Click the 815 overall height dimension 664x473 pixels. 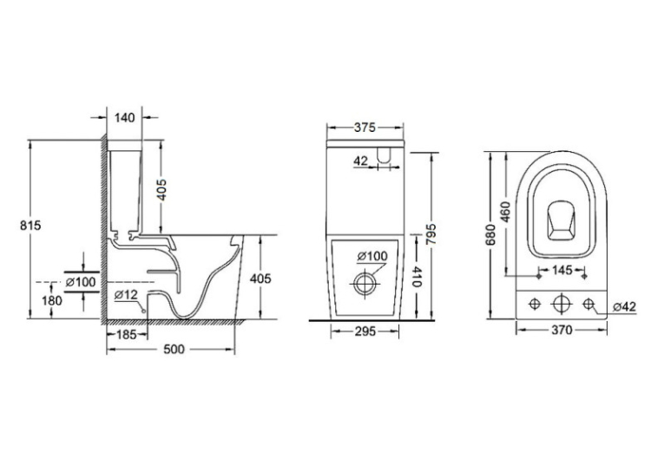click(x=30, y=226)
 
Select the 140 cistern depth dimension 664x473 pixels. click(x=124, y=117)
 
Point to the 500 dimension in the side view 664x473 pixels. click(x=174, y=349)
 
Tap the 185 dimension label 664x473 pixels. click(x=126, y=334)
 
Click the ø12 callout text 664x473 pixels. click(x=126, y=294)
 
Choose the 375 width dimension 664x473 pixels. click(x=365, y=127)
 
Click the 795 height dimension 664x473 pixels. click(x=431, y=234)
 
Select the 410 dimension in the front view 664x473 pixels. click(x=417, y=276)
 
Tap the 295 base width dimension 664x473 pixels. click(x=365, y=331)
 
